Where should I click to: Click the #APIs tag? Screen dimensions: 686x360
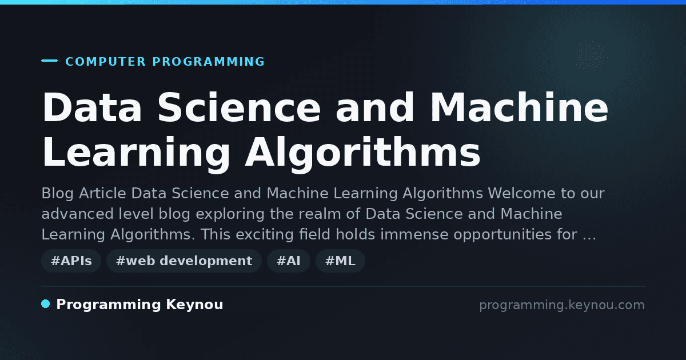[x=71, y=261]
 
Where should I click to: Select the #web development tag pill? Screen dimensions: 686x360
[x=184, y=261]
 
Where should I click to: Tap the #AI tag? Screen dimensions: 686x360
[x=289, y=261]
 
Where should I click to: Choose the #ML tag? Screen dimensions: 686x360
[x=340, y=261]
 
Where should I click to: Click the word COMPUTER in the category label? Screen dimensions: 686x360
[x=106, y=62]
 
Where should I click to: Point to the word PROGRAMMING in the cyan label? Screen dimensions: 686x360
[x=209, y=62]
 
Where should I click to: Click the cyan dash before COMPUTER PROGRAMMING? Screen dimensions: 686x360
[x=49, y=61]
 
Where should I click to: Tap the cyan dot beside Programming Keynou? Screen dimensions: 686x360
[x=46, y=304]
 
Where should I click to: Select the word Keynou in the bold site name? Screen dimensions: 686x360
[x=194, y=305]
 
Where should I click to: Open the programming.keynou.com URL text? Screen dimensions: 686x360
[x=562, y=305]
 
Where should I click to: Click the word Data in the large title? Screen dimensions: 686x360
[x=92, y=107]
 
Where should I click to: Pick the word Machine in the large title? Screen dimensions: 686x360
[x=519, y=107]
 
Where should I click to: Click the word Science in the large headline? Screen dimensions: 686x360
[x=239, y=107]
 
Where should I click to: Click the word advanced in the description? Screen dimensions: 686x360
[x=78, y=214]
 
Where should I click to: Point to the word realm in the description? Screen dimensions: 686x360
[x=320, y=214]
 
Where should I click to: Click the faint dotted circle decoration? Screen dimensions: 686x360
[x=591, y=56]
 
